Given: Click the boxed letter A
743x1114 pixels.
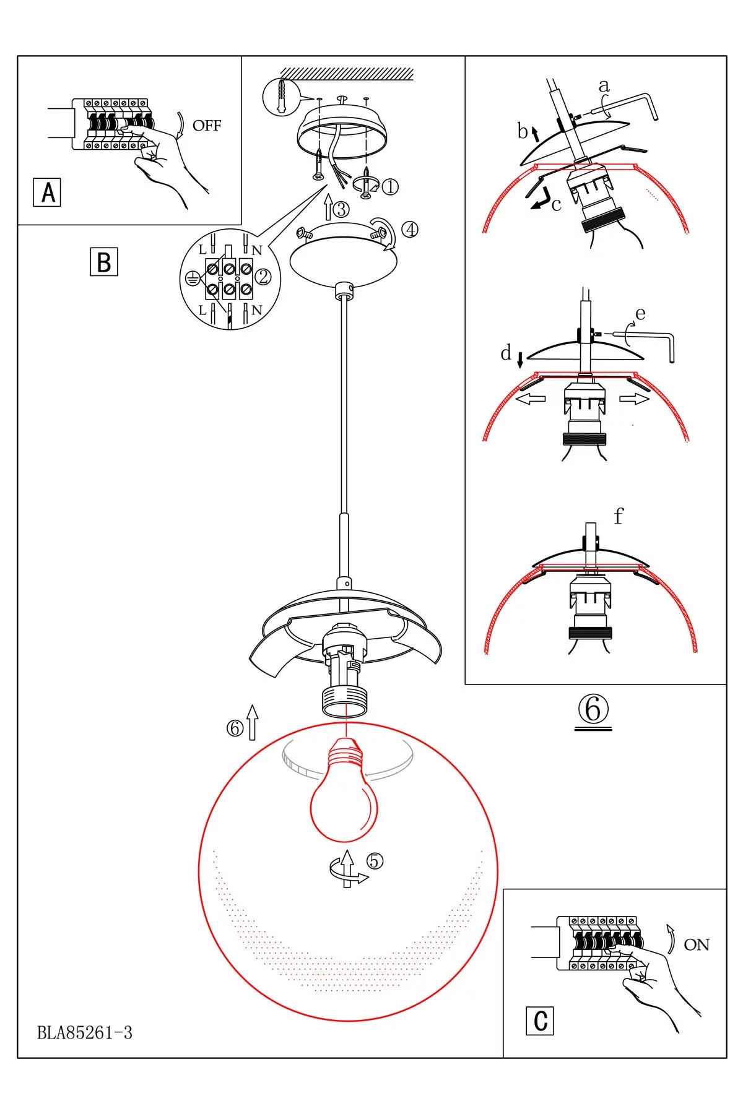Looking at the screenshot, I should click(x=47, y=192).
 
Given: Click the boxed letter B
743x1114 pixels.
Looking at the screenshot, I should click(x=103, y=262).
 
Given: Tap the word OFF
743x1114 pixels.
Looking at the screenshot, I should click(x=206, y=126).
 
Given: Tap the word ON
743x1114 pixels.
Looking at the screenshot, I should click(x=696, y=945).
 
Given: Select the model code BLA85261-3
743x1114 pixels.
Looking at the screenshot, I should click(x=85, y=1032).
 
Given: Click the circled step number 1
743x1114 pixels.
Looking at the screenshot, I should click(x=391, y=186).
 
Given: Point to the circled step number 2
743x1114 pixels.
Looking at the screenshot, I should click(x=264, y=277).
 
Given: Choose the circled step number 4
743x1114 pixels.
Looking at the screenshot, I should click(x=409, y=230).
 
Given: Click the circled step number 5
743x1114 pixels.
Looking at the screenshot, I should click(x=375, y=861).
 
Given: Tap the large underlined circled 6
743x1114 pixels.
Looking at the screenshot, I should click(x=593, y=709).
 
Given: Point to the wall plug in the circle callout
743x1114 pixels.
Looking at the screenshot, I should click(x=282, y=96).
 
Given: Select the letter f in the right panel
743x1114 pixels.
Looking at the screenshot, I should click(x=619, y=516).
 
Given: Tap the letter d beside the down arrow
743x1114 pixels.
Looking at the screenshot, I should click(x=506, y=353).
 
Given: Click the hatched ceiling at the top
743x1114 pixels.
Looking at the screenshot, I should click(x=347, y=74).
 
